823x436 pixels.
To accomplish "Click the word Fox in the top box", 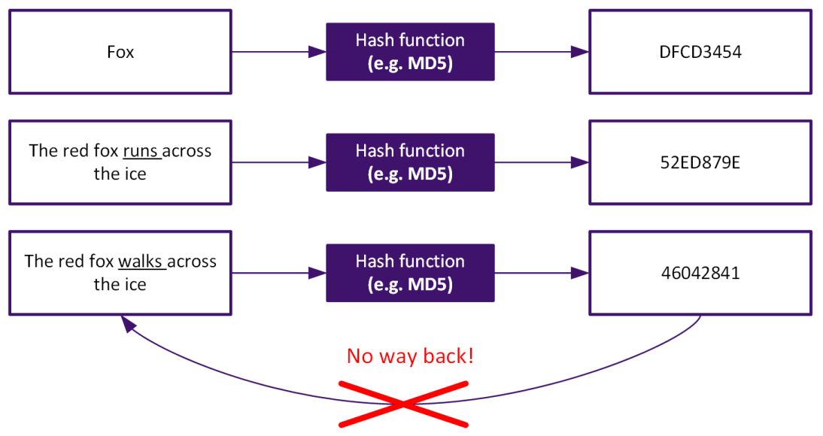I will click(120, 53).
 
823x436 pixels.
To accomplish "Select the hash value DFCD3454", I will click(700, 53).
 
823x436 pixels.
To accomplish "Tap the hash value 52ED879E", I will click(700, 162).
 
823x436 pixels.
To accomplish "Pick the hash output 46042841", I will click(700, 273).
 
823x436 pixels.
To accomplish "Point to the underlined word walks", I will click(139, 262).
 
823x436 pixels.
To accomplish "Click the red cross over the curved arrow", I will click(404, 404).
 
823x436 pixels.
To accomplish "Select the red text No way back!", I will click(410, 356).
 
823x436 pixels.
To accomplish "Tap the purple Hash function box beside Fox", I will click(410, 52).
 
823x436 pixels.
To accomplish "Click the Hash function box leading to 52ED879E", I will click(410, 162).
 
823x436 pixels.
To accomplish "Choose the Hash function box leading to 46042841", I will click(410, 273).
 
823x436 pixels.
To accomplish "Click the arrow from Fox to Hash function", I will click(278, 52).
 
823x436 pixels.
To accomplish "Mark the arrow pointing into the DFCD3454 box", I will click(542, 52).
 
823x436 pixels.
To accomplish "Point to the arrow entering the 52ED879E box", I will click(542, 162).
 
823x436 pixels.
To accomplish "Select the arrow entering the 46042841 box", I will click(542, 273).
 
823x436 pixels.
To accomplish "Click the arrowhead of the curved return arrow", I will click(129, 323).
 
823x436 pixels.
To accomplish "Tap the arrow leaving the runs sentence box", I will click(278, 162).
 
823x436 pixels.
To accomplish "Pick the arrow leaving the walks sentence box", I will click(278, 273).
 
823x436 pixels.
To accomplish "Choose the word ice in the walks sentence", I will click(133, 285).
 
